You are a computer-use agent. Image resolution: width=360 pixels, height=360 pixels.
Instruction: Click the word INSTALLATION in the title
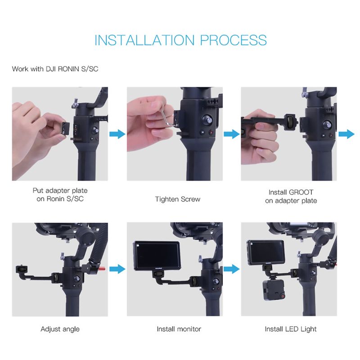coord(144,40)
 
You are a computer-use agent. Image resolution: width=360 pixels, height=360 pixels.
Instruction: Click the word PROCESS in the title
coord(234,40)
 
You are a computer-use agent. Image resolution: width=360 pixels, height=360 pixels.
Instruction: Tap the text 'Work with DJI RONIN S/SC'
coord(55,69)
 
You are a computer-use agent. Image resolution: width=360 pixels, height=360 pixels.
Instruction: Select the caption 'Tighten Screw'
coord(177,199)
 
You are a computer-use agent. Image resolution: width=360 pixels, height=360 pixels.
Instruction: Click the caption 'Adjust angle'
coord(60,329)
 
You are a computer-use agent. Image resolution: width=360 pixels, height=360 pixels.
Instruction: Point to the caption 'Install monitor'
coord(179,329)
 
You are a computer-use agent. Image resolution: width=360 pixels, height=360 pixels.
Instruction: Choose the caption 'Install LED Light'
coord(291,329)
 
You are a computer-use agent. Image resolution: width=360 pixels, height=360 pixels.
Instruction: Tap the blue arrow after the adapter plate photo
coord(117,134)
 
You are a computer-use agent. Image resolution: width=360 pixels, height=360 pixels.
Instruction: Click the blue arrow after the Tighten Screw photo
coord(232,134)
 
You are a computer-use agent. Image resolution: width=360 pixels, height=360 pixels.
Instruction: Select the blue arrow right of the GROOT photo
coord(346,134)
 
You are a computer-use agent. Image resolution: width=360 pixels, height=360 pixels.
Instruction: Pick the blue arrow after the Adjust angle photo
coord(117,269)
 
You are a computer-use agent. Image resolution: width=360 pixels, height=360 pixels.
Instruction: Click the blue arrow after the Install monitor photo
coord(232,269)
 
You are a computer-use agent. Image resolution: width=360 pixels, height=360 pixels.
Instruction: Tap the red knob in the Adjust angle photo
coord(103,268)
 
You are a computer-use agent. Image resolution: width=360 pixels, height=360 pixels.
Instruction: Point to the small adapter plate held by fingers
coord(64,129)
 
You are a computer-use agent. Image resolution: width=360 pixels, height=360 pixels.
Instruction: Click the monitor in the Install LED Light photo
coord(265,252)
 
